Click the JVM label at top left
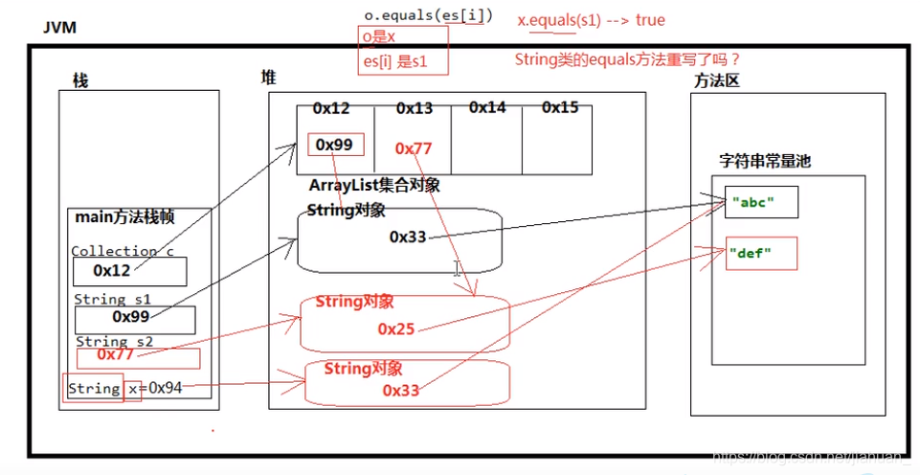coord(59,28)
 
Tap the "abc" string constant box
coord(761,203)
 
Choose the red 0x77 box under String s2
coord(138,357)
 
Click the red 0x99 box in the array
coord(335,145)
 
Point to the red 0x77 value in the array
coord(414,148)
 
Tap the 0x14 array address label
coord(487,108)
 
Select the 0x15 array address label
coord(560,108)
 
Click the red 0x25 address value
coord(396,328)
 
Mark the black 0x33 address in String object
coord(408,237)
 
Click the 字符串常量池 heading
coord(765,161)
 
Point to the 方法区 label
coord(717,81)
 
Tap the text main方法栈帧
coord(124,216)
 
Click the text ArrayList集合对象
coord(374,186)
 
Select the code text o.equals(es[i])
coord(428,15)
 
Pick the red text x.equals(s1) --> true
coord(591,20)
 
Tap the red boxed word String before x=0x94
coord(94,388)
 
